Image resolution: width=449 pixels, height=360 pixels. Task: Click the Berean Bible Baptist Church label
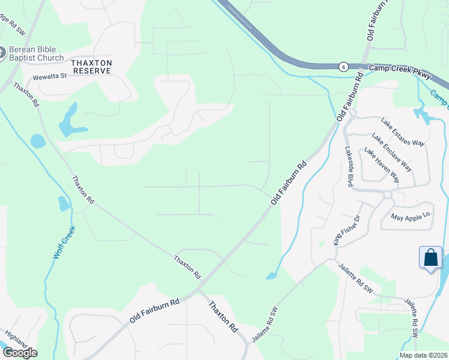click(x=35, y=53)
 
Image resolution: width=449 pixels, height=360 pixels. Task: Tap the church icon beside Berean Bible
click(x=1, y=53)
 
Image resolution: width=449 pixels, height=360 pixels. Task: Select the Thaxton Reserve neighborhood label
click(x=91, y=66)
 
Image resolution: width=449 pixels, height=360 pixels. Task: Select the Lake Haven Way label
click(x=382, y=164)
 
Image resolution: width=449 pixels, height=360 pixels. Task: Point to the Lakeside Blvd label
click(x=348, y=166)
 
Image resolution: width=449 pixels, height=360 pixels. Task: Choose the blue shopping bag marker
click(x=431, y=258)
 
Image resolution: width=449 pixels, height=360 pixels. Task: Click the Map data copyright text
click(x=424, y=355)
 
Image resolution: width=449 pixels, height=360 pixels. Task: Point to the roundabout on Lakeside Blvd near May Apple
click(x=387, y=194)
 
